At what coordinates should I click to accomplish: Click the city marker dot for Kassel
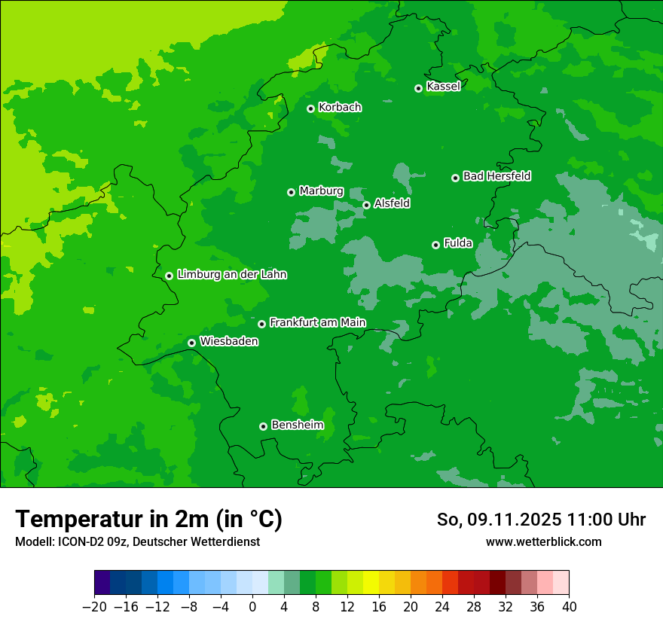(x=418, y=88)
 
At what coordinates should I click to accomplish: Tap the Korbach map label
(x=340, y=108)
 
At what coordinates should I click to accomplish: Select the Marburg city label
(x=321, y=191)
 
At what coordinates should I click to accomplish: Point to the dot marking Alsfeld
(x=366, y=205)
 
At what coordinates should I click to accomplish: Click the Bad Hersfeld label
(x=496, y=176)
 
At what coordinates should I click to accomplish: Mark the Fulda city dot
(x=435, y=245)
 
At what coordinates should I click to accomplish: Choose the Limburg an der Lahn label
(x=231, y=275)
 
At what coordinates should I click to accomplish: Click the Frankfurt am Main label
(x=317, y=323)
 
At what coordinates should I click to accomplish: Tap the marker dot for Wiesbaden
(x=191, y=343)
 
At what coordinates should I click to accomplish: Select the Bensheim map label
(x=297, y=425)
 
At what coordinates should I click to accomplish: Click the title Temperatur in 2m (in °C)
(x=148, y=520)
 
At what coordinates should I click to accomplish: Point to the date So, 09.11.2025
(x=499, y=520)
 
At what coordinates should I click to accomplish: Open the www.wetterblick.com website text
(x=543, y=541)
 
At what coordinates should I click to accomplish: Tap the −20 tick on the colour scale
(x=94, y=607)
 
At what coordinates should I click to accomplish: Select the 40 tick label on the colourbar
(x=569, y=607)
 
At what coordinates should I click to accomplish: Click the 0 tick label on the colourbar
(x=252, y=607)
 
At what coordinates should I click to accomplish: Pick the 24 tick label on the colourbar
(x=442, y=607)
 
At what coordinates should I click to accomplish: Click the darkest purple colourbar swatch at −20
(x=102, y=583)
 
